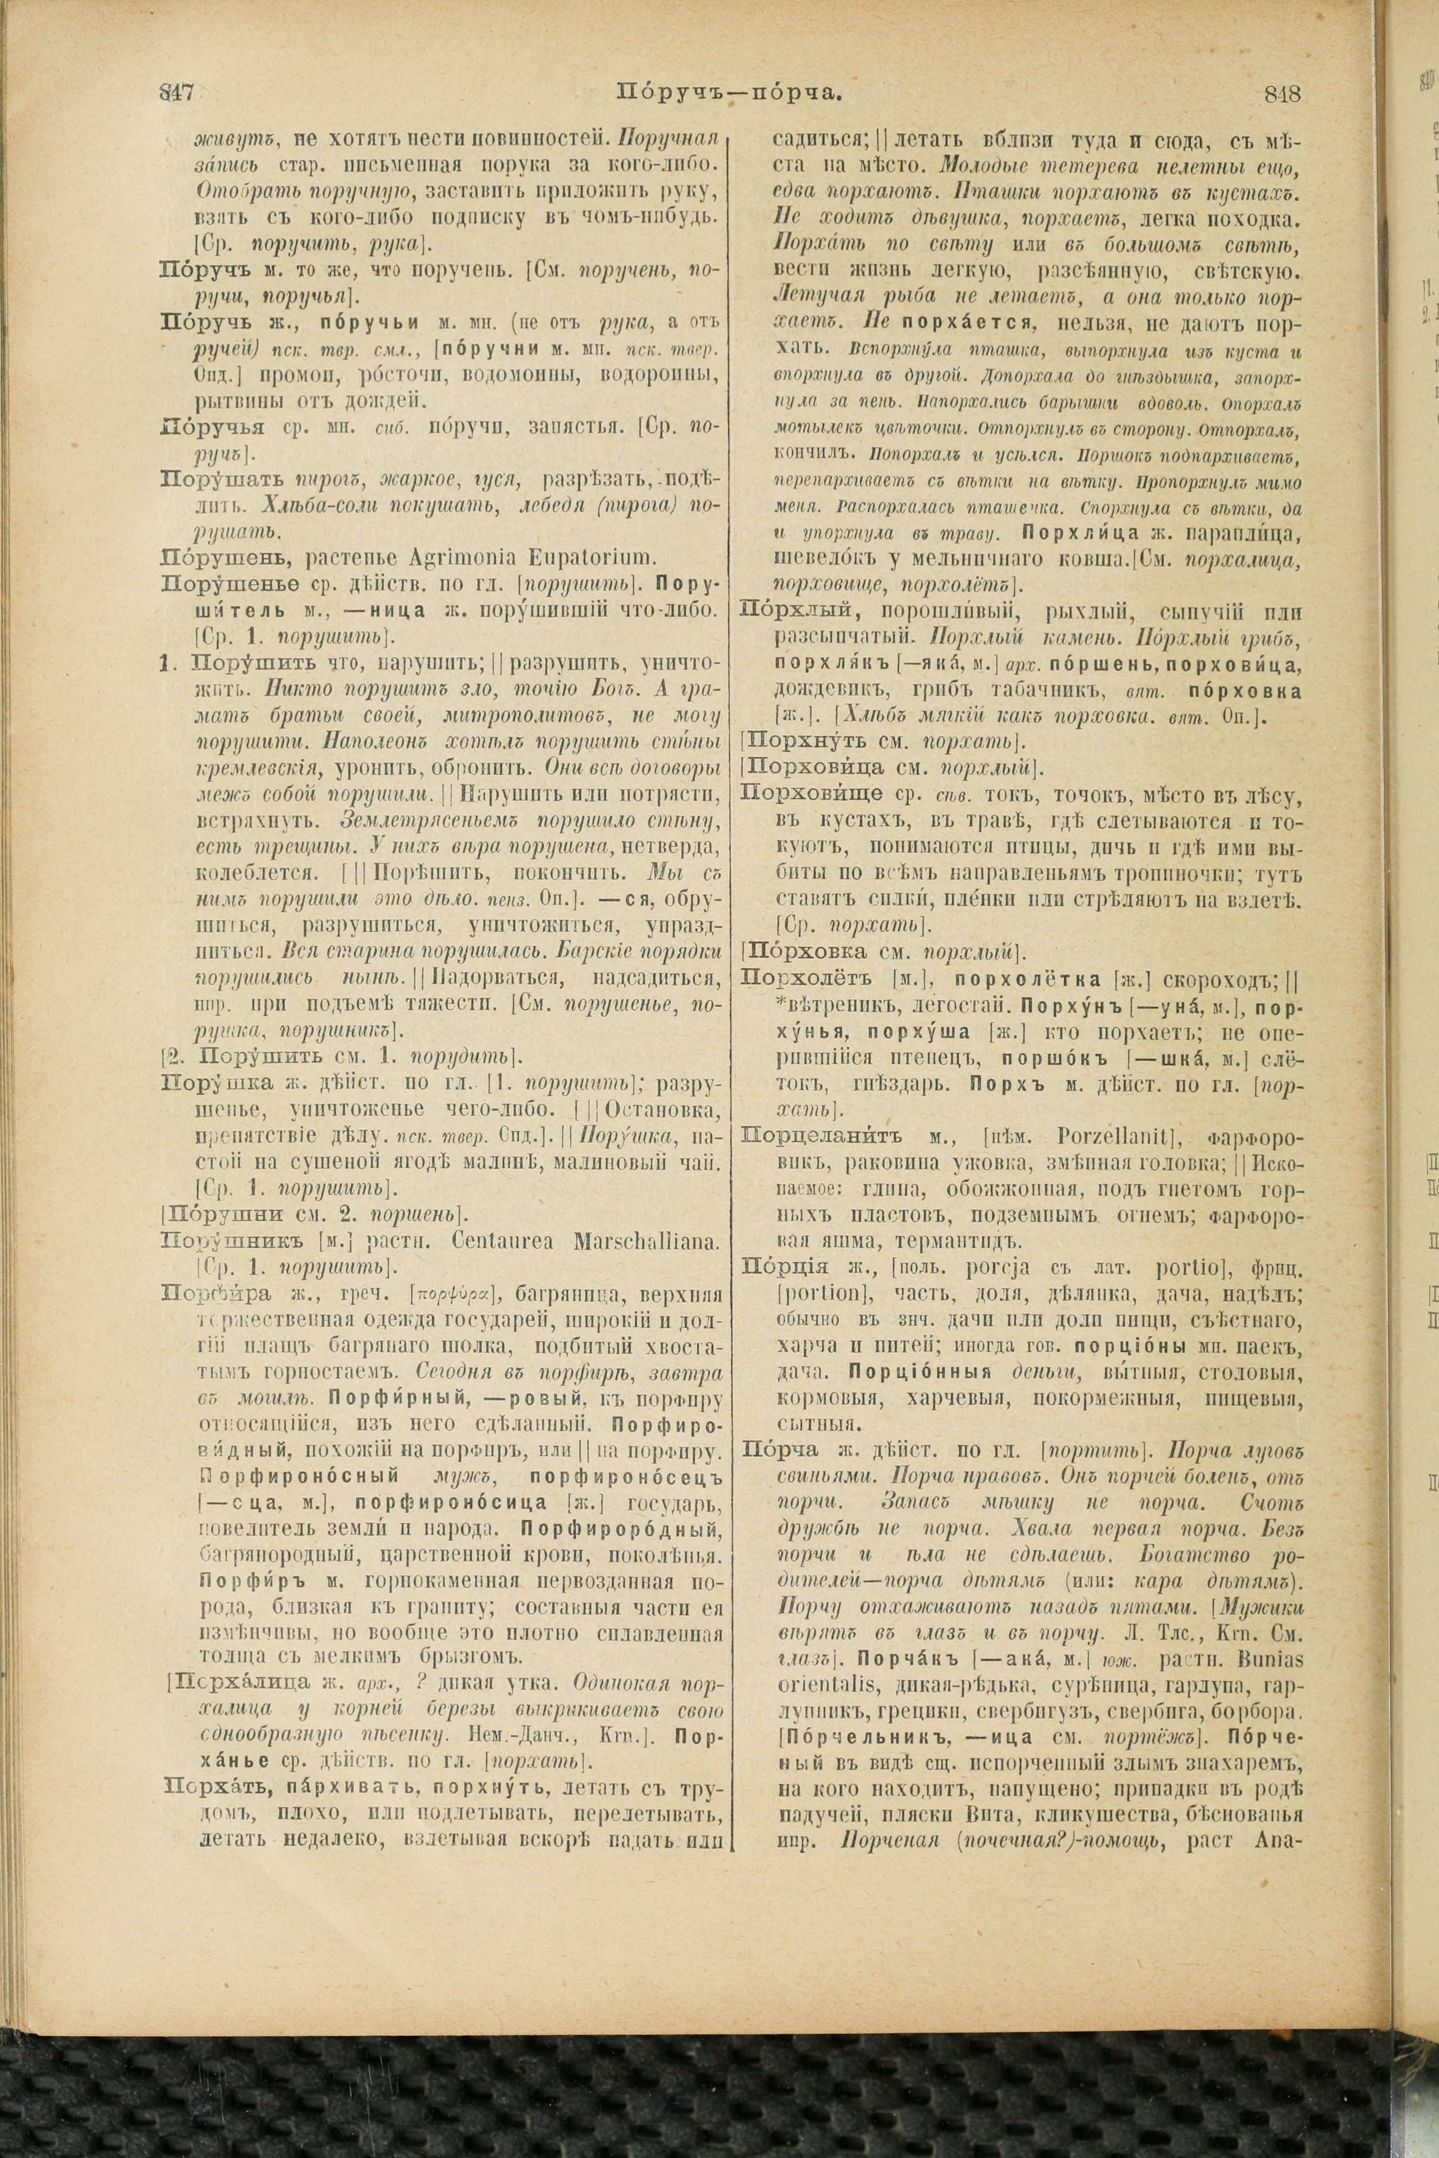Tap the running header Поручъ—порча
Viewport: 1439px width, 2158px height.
point(729,93)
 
